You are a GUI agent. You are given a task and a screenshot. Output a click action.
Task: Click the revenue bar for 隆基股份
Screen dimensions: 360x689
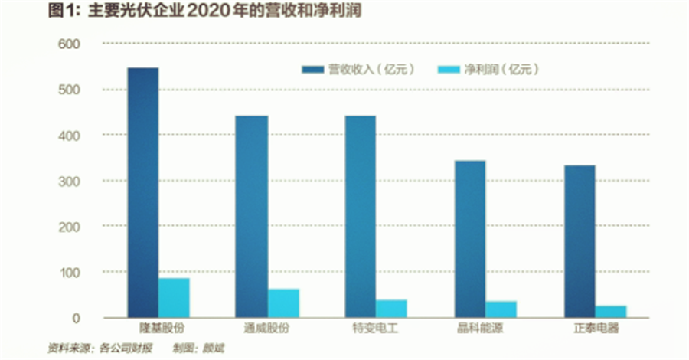142,192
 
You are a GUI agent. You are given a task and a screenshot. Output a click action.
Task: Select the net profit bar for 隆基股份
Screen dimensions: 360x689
175,297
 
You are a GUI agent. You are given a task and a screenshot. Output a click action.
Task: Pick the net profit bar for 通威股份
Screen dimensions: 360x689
284,303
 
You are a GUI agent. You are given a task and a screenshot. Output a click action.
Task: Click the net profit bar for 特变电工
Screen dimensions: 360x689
392,308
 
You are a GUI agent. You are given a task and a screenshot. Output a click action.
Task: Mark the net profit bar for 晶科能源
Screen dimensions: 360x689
501,309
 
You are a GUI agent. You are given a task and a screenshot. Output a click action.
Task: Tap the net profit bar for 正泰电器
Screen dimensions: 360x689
611,311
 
